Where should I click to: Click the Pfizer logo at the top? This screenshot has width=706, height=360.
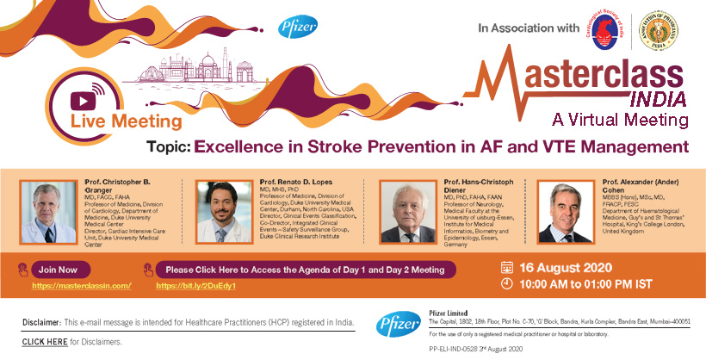coord(293,27)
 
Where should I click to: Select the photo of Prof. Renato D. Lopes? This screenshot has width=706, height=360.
coord(224,210)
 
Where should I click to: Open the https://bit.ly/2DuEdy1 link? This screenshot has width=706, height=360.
coord(196,284)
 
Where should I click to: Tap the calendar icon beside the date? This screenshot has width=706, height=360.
coord(506,267)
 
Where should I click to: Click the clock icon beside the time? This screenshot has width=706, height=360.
coord(506,284)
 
